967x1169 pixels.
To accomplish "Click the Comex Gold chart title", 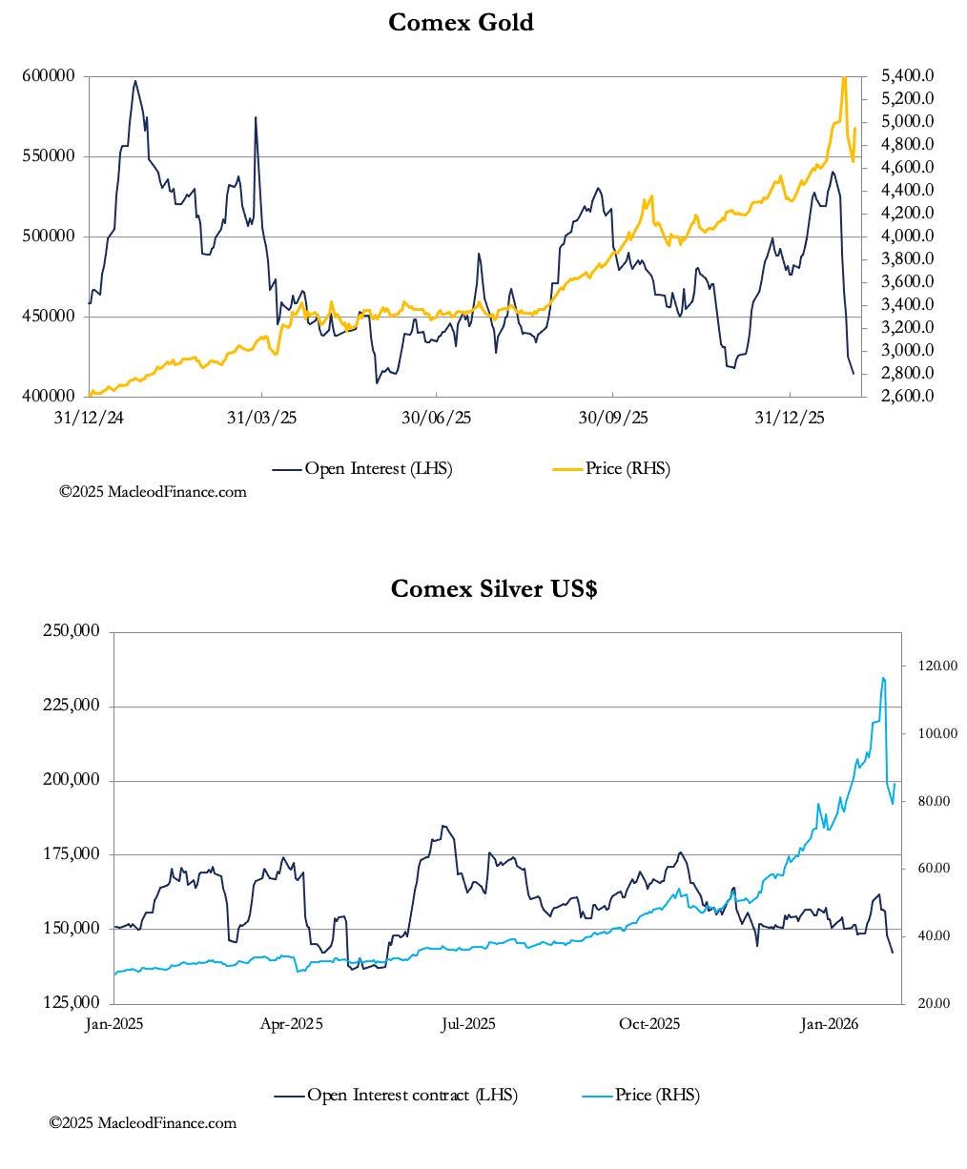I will pos(461,22).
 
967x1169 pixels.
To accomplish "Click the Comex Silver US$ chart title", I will pos(494,588).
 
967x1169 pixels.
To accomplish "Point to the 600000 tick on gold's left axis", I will pos(50,76).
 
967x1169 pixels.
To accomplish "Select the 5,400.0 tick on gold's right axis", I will pos(907,75).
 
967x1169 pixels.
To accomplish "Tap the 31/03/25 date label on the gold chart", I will pos(262,419).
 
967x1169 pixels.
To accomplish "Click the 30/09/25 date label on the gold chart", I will pos(612,419).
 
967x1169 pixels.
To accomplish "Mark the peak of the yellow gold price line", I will pos(844,77).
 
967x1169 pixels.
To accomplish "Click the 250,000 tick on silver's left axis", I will pos(73,631).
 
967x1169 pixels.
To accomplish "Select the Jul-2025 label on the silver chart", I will pos(467,1024).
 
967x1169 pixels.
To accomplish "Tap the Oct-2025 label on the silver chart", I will pos(649,1024).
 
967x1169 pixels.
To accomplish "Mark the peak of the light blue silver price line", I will pos(883,678).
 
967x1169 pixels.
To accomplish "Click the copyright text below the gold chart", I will pos(153,492).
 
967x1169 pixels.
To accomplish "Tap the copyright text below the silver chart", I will pos(143,1123).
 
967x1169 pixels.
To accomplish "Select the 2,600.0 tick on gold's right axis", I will pos(907,396).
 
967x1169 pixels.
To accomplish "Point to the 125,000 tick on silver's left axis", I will pos(73,1003).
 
